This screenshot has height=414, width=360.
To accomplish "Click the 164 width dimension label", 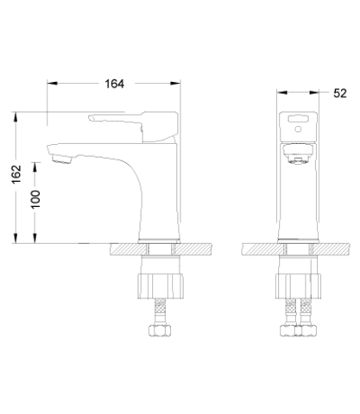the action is [x=114, y=84].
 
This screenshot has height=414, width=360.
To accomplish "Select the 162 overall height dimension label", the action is [x=16, y=173].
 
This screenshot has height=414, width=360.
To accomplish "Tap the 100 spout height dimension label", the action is [x=35, y=199].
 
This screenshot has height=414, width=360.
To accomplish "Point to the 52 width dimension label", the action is [x=340, y=93].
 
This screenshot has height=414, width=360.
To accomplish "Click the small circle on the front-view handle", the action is [x=299, y=129].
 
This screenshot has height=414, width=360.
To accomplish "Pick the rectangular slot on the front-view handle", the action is [x=299, y=118].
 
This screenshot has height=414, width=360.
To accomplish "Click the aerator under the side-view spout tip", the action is [x=62, y=159].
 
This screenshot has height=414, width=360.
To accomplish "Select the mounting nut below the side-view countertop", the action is [x=161, y=286].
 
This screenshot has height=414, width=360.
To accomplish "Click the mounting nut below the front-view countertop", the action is [x=299, y=286].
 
